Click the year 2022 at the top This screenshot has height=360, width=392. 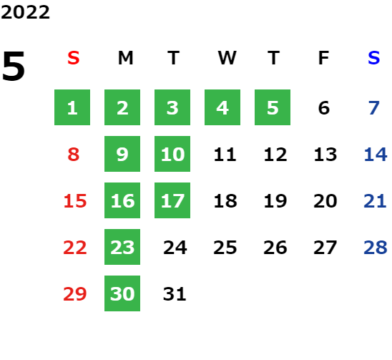click(25, 12)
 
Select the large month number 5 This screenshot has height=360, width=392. click(14, 66)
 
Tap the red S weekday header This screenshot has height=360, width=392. click(74, 58)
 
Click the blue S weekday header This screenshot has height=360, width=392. click(373, 58)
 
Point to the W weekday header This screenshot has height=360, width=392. click(227, 58)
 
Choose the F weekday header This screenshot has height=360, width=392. click(324, 58)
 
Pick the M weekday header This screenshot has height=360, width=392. click(125, 58)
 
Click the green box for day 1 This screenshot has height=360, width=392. click(72, 107)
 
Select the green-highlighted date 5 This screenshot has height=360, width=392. click(273, 107)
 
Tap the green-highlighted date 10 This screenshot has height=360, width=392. click(172, 154)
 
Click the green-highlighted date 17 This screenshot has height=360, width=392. click(172, 200)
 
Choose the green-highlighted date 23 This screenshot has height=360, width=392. click(122, 247)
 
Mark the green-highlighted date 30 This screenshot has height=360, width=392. click(122, 293)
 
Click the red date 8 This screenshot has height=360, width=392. click(74, 155)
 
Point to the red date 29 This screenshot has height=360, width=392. click(75, 293)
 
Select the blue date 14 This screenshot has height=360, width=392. click(376, 155)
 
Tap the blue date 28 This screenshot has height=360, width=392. click(376, 248)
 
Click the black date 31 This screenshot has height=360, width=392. click(175, 293)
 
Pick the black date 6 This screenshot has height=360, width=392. click(324, 108)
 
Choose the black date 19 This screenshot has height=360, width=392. click(275, 201)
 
